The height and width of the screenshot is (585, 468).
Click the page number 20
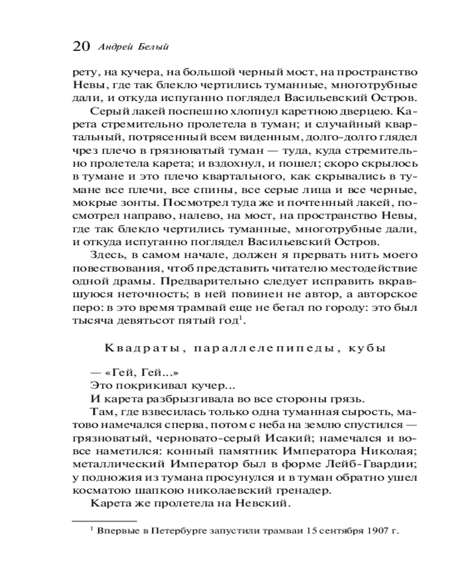(80, 47)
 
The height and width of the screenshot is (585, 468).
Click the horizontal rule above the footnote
(104, 520)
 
